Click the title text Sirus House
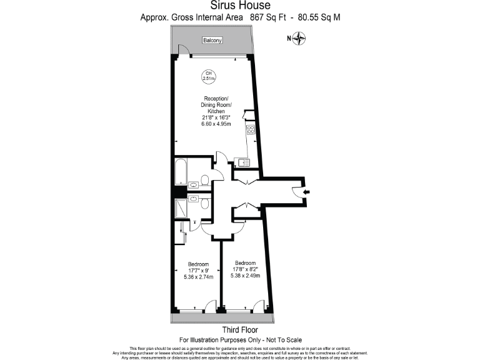pyautogui.click(x=240, y=6)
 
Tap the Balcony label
pyautogui.click(x=212, y=41)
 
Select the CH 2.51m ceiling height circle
pyautogui.click(x=208, y=77)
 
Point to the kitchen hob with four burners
pyautogui.click(x=250, y=131)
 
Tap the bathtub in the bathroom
pyautogui.click(x=180, y=173)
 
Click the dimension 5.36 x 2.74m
pyautogui.click(x=198, y=277)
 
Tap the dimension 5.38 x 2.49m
pyautogui.click(x=245, y=275)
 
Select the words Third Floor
pyautogui.click(x=240, y=330)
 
